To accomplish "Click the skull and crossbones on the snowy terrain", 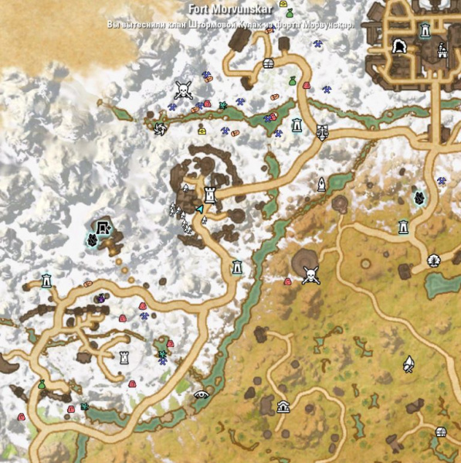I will (x=183, y=90).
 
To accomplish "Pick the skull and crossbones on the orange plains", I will (x=310, y=274).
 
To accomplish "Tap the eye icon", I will (x=201, y=393).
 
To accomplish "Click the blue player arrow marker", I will (x=200, y=208).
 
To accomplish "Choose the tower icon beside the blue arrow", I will (x=210, y=193).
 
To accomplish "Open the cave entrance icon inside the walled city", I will (x=400, y=48).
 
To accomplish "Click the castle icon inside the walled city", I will (x=442, y=51).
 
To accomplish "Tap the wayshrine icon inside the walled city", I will (x=424, y=31).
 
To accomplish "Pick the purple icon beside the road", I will (x=100, y=298).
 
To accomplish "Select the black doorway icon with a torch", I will (x=103, y=227).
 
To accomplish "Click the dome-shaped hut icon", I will (x=283, y=407).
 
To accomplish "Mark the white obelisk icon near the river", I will (x=321, y=183).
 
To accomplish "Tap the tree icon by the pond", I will (x=433, y=260).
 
